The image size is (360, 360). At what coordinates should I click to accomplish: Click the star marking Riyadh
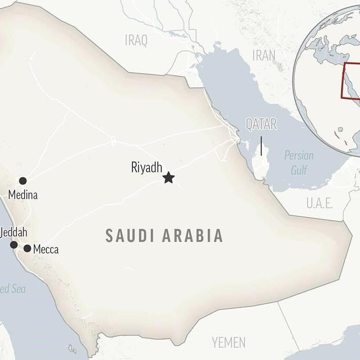(168, 178)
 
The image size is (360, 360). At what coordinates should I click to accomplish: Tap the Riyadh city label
(147, 168)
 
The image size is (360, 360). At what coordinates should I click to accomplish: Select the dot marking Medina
(23, 181)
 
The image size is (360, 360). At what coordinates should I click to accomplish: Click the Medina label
(23, 195)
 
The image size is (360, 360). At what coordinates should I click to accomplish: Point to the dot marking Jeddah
(14, 245)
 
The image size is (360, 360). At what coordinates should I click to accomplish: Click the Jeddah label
(14, 232)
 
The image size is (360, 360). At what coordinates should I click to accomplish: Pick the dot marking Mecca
(27, 248)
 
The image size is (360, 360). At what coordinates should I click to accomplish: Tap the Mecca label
(46, 249)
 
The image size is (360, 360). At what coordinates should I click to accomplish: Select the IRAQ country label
(136, 40)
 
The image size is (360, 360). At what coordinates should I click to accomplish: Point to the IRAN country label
(264, 55)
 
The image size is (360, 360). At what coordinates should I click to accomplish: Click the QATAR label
(261, 124)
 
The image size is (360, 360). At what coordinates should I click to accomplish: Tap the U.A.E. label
(319, 203)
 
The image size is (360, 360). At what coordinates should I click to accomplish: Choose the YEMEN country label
(229, 342)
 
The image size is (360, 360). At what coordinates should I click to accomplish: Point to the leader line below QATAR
(261, 146)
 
